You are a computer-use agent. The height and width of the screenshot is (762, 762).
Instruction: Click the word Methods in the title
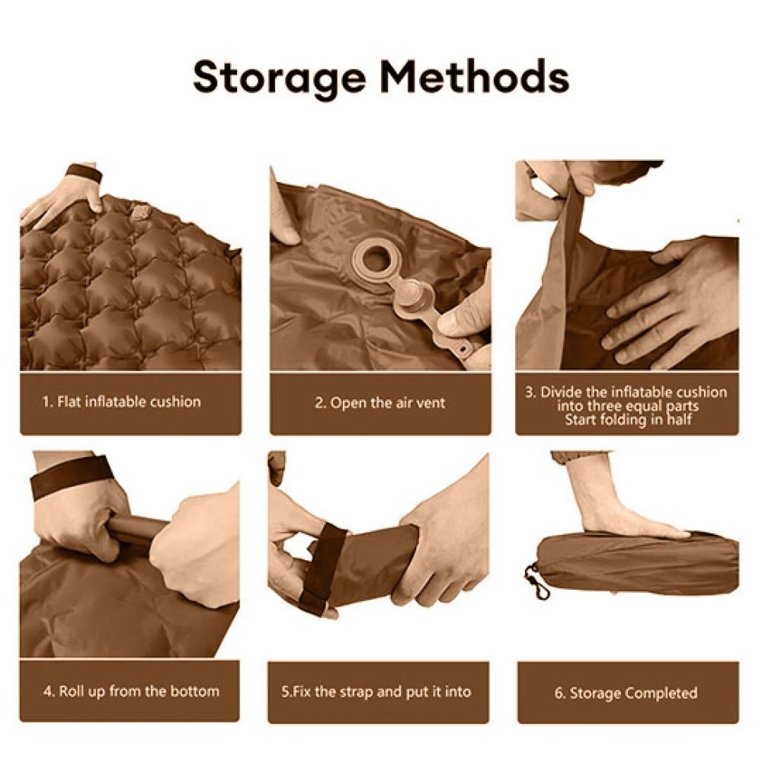pos(475,77)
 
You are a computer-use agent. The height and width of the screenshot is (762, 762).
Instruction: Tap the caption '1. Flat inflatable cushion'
pos(121,402)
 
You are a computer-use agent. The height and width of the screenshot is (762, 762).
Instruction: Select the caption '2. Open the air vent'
pos(380,403)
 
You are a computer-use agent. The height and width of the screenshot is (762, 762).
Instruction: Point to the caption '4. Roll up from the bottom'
pos(131,691)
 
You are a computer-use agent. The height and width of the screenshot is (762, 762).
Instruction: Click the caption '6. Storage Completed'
pos(626,693)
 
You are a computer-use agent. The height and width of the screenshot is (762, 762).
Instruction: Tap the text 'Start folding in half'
pos(628,419)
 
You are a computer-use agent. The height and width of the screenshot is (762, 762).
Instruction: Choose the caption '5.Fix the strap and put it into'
pos(376,692)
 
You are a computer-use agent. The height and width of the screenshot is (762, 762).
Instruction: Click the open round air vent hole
pos(374,260)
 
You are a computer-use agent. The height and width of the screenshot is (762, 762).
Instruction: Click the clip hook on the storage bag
pos(537,582)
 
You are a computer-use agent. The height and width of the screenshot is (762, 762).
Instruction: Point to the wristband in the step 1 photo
pos(84,172)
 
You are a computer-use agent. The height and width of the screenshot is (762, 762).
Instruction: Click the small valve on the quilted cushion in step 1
pos(140,213)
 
